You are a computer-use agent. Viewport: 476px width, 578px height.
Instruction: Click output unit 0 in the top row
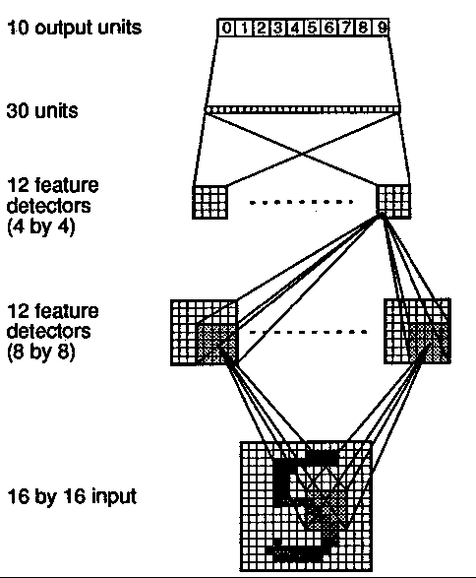[x=227, y=28]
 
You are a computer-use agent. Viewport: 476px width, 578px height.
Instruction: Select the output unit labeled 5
[x=312, y=28]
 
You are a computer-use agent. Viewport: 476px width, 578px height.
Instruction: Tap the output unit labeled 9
[x=381, y=28]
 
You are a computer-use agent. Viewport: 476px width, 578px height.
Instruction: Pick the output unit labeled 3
[x=278, y=28]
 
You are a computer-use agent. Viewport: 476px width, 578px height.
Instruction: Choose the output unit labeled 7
[x=346, y=28]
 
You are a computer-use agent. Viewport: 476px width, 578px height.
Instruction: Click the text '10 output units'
[x=75, y=28]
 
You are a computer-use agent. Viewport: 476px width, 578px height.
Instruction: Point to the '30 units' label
[x=42, y=110]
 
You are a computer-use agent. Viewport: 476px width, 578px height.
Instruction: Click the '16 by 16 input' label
[x=72, y=496]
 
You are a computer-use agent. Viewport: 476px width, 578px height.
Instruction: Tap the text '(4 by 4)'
[x=41, y=225]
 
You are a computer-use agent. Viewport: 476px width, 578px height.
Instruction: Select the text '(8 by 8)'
[x=41, y=353]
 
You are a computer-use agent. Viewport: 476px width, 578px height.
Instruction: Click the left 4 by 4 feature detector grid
[x=209, y=202]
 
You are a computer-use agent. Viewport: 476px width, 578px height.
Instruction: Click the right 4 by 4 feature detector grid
[x=393, y=202]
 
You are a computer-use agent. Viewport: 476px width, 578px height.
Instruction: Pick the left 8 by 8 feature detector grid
[x=205, y=333]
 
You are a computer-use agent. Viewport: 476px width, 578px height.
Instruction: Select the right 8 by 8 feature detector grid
[x=417, y=332]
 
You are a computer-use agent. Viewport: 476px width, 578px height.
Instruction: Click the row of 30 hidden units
[x=303, y=109]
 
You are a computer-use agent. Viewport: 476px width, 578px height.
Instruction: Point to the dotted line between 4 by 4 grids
[x=301, y=202]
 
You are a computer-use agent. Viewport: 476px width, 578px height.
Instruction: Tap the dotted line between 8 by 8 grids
[x=308, y=332]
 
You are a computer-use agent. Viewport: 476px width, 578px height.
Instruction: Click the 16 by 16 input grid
[x=306, y=506]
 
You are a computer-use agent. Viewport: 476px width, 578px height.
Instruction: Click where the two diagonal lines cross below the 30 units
[x=303, y=154]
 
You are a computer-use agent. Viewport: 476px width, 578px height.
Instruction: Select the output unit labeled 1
[x=244, y=28]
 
